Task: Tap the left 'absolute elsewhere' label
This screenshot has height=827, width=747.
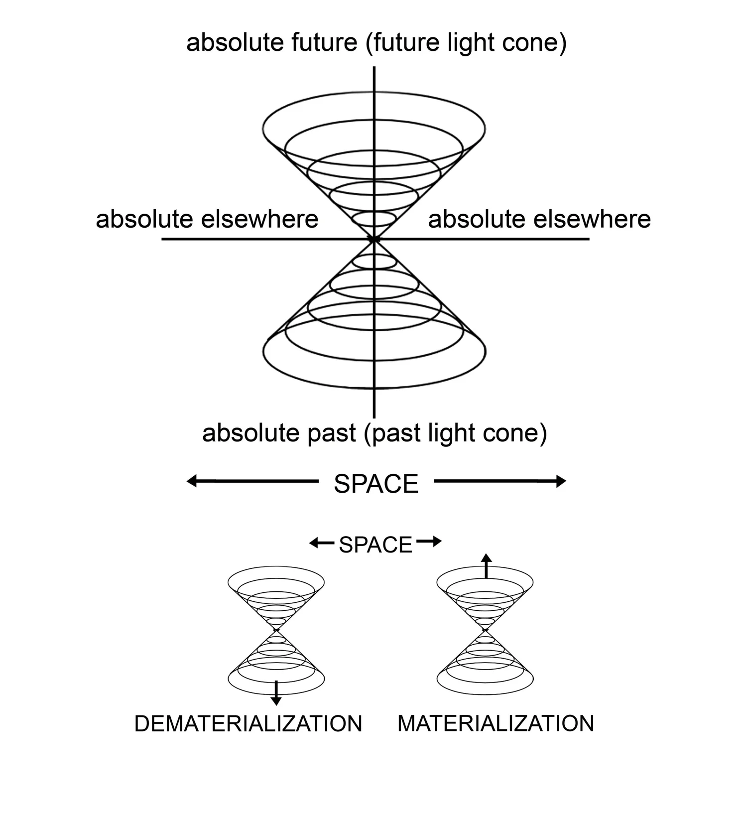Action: (x=207, y=219)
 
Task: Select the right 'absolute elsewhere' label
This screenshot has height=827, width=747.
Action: (x=539, y=219)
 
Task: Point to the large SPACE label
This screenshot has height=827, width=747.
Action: (x=376, y=484)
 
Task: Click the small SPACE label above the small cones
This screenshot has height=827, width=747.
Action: (x=375, y=545)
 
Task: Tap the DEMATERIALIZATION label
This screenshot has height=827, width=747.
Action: (x=248, y=723)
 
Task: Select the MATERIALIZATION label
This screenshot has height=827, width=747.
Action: (x=496, y=723)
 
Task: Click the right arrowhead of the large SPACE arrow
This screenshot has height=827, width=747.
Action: (x=561, y=481)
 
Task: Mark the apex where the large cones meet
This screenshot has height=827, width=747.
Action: (x=374, y=240)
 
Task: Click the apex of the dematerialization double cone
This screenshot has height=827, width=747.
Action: (x=276, y=631)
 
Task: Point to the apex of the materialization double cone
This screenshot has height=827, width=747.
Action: (x=485, y=631)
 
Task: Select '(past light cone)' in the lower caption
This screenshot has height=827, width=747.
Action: (x=455, y=433)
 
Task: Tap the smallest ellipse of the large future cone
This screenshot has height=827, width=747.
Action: (x=374, y=219)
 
